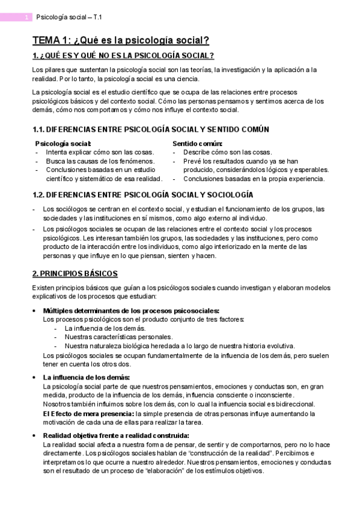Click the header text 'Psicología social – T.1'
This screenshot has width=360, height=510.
69,17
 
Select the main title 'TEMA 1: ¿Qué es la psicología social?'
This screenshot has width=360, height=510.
120,41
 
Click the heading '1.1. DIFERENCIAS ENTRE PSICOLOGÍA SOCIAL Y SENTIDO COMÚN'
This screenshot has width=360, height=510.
142,129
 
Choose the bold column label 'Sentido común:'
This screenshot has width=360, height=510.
197,144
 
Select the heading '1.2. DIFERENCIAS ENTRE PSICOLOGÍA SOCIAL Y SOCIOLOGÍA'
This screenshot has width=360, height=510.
134,195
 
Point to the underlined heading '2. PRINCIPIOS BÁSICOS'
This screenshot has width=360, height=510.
75,274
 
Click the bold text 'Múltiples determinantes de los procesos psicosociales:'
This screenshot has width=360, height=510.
131,311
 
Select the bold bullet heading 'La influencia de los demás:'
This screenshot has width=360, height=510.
87,377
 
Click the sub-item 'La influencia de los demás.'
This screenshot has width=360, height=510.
105,328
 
